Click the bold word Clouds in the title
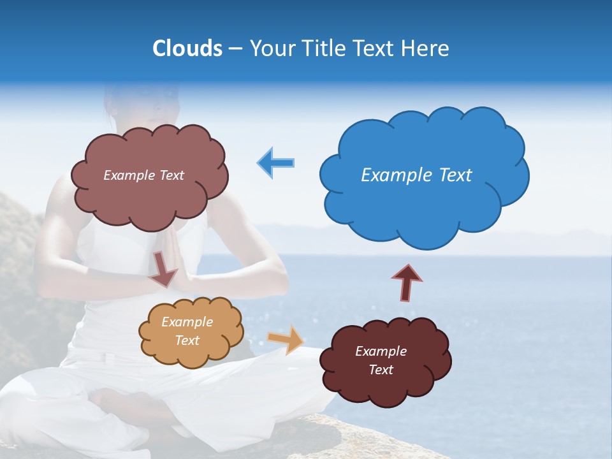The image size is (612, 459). click(187, 48)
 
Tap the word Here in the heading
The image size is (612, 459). click(425, 48)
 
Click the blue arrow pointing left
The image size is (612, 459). click(276, 163)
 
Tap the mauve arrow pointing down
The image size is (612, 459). click(164, 269)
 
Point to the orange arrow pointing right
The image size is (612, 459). click(286, 339)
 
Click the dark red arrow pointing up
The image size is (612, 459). click(407, 281)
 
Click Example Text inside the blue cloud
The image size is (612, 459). click(416, 175)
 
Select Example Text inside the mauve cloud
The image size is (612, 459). click(143, 175)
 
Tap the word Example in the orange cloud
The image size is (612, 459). click(187, 322)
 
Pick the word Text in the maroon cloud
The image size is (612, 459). click(381, 370)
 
